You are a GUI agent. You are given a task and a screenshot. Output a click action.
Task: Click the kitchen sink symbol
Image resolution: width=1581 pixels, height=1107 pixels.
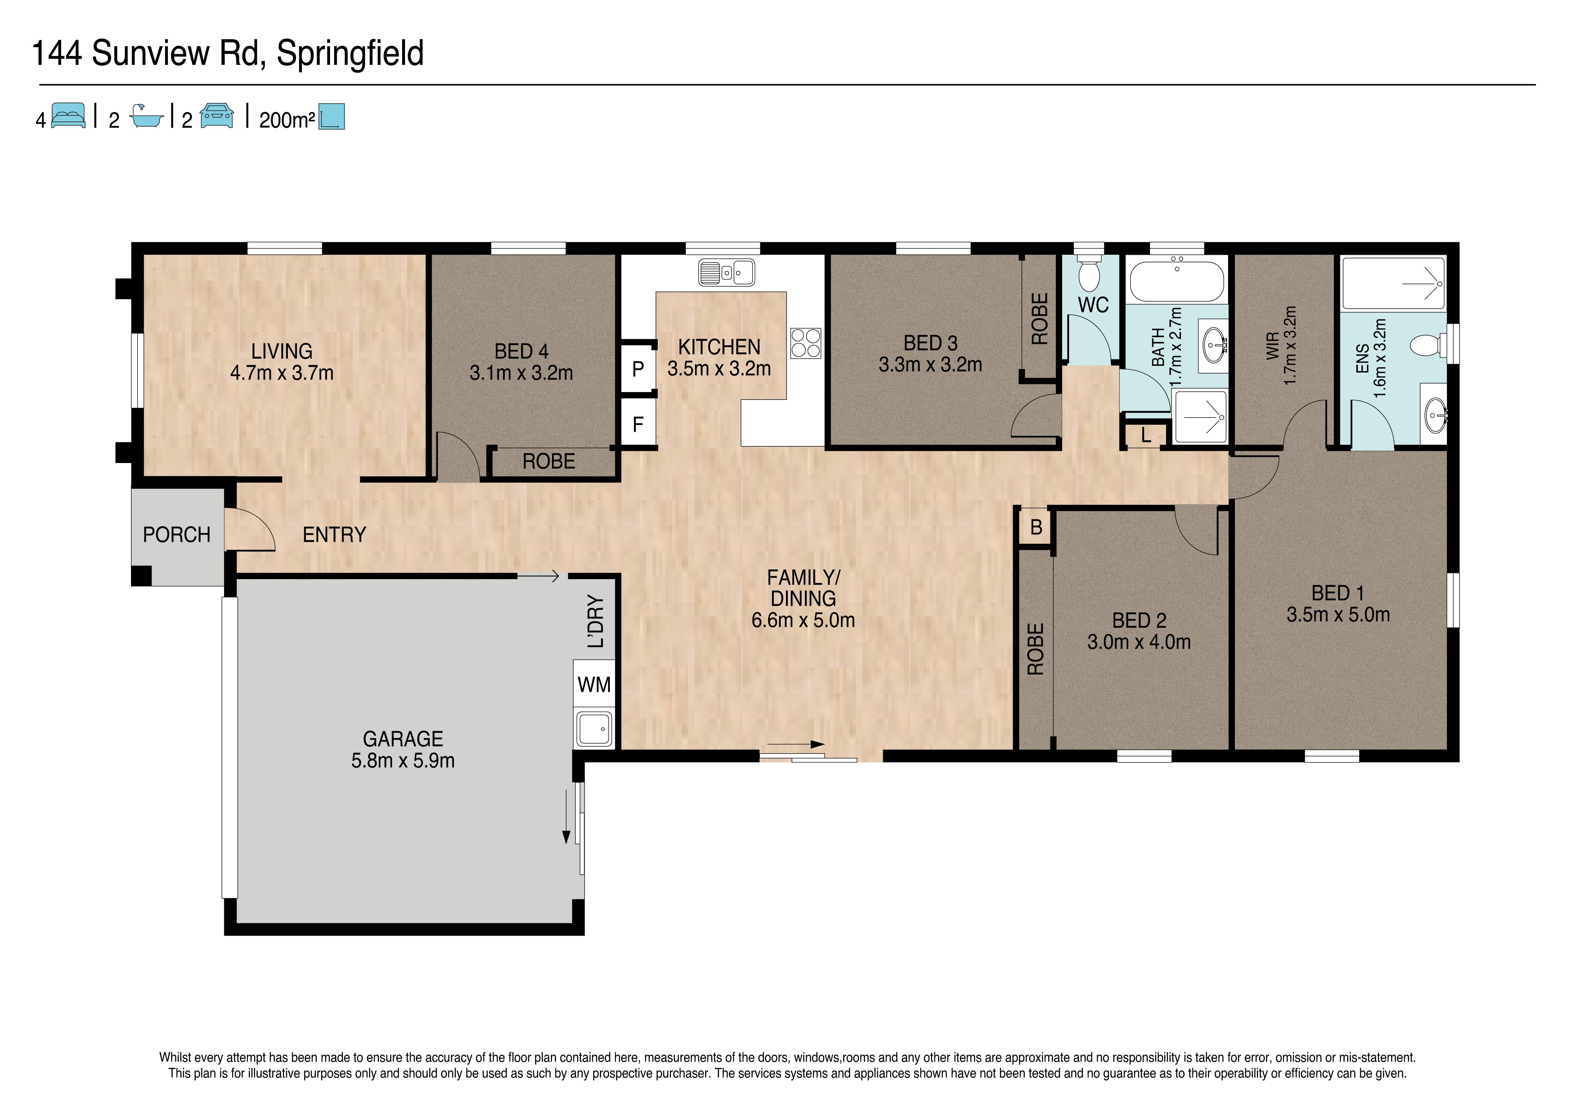tap(727, 272)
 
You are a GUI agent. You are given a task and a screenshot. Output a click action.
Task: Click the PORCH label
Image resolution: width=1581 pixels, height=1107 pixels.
tap(176, 535)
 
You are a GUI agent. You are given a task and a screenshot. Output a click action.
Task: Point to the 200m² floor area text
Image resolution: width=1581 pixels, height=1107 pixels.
tap(287, 120)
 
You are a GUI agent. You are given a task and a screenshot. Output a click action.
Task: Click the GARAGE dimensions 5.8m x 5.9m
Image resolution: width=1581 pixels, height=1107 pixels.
tap(403, 761)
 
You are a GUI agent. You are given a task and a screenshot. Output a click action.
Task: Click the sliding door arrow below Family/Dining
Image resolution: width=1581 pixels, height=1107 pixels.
tap(796, 744)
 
